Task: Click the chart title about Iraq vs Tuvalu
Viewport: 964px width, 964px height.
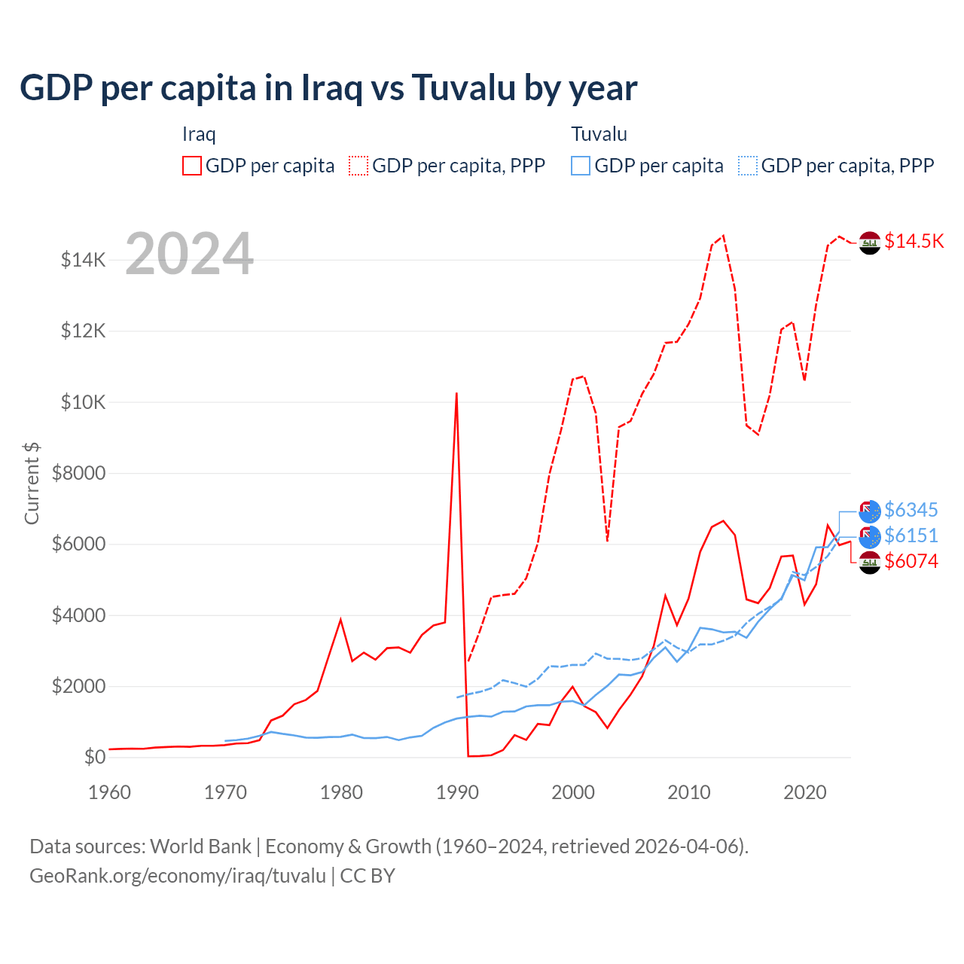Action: pos(328,88)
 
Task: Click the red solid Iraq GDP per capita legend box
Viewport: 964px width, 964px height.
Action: pos(192,166)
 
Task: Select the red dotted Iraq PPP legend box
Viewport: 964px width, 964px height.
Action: pos(358,166)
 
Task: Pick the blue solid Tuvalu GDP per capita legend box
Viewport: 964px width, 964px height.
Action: pos(581,166)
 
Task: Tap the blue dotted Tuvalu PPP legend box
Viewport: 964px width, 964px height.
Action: pos(748,166)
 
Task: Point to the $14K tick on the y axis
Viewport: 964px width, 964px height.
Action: pos(83,261)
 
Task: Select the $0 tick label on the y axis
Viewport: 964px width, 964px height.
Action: pos(94,757)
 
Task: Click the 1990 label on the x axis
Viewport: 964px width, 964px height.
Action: pos(457,792)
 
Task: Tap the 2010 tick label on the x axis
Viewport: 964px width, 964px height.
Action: pos(689,792)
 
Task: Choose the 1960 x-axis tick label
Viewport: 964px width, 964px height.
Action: pos(110,792)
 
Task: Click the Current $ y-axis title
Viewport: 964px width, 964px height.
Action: pos(32,484)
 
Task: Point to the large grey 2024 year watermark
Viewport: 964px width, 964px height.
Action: pos(190,255)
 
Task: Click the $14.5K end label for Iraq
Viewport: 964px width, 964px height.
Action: pos(914,241)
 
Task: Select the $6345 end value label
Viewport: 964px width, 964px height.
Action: pos(911,510)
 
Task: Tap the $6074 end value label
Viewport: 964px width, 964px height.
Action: pos(911,561)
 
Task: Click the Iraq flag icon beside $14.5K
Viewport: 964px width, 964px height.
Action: pos(870,243)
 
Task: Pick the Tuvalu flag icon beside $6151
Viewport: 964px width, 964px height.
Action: pos(870,536)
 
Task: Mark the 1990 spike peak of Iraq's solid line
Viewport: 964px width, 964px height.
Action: pos(456,393)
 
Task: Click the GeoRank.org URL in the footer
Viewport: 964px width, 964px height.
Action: pos(178,876)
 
